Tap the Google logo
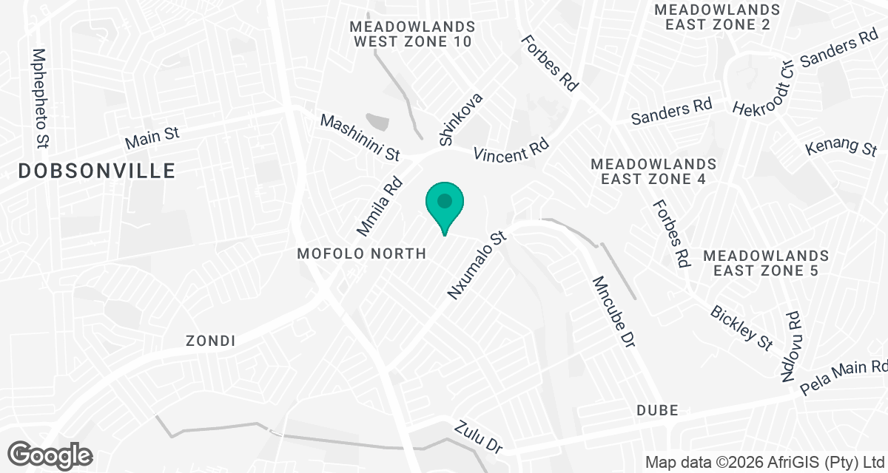coord(51,455)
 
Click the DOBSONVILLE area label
coord(97,171)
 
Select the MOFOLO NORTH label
coord(361,253)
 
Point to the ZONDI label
coord(211,341)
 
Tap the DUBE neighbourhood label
coord(657,410)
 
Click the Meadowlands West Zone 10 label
coord(412,34)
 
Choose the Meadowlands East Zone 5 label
coord(766,262)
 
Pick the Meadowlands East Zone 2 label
coord(718,17)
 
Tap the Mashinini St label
coord(360,137)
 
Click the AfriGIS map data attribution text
coord(766,462)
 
